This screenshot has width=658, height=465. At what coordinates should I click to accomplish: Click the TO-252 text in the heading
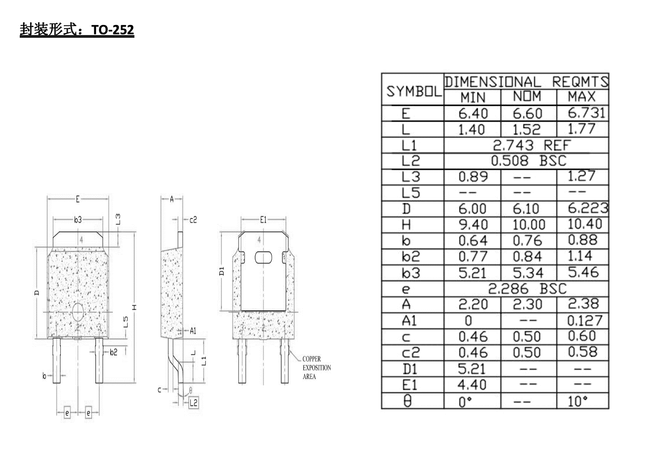click(x=113, y=30)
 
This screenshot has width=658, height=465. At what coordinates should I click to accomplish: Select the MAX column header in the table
click(x=582, y=97)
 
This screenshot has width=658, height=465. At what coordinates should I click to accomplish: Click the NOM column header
click(x=527, y=97)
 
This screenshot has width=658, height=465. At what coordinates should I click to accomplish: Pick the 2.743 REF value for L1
click(x=531, y=146)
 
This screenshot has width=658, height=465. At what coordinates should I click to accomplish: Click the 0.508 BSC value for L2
click(x=528, y=161)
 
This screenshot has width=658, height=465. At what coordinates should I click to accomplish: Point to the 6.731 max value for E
click(x=586, y=113)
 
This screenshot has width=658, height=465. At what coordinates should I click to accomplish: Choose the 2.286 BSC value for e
click(x=527, y=289)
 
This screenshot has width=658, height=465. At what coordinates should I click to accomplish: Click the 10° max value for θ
click(x=578, y=401)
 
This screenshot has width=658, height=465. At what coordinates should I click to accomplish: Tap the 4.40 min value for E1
click(x=472, y=385)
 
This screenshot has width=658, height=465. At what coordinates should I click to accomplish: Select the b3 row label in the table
click(x=411, y=273)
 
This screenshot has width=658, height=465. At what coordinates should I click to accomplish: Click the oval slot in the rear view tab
click(x=264, y=257)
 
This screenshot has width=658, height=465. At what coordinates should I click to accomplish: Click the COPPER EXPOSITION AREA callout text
click(x=317, y=368)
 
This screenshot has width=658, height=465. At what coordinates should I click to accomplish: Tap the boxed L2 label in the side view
click(x=194, y=403)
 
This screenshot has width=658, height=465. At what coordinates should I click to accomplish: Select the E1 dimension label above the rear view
click(x=264, y=220)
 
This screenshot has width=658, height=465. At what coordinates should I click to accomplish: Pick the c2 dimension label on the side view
click(x=193, y=220)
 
